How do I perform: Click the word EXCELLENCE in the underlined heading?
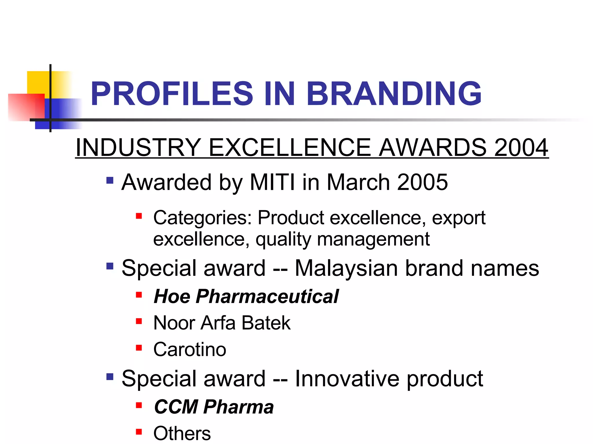[290, 147]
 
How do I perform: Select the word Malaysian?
[346, 268]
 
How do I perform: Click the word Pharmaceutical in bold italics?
[267, 297]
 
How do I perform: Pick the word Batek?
[266, 323]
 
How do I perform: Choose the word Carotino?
[190, 349]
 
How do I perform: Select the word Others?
[182, 433]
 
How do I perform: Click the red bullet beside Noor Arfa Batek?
[139, 321]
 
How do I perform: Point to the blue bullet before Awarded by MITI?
[110, 181]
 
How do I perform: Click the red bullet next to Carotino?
[139, 347]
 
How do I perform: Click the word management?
[373, 240]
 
